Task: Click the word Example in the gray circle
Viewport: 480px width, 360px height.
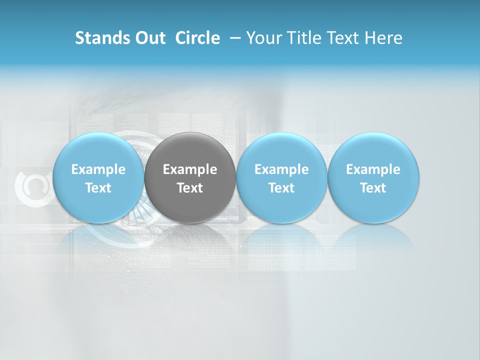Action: (190, 169)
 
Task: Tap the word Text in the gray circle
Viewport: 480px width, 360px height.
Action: (190, 188)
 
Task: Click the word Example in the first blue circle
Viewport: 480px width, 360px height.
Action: (98, 169)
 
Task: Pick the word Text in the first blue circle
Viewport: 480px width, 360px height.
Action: (98, 188)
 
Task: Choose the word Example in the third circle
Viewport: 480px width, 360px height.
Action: (281, 169)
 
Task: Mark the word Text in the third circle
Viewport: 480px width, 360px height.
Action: (281, 188)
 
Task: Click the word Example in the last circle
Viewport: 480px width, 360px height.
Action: (373, 169)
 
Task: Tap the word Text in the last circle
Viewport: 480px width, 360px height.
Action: (373, 188)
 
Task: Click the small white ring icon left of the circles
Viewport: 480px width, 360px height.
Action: (31, 187)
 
